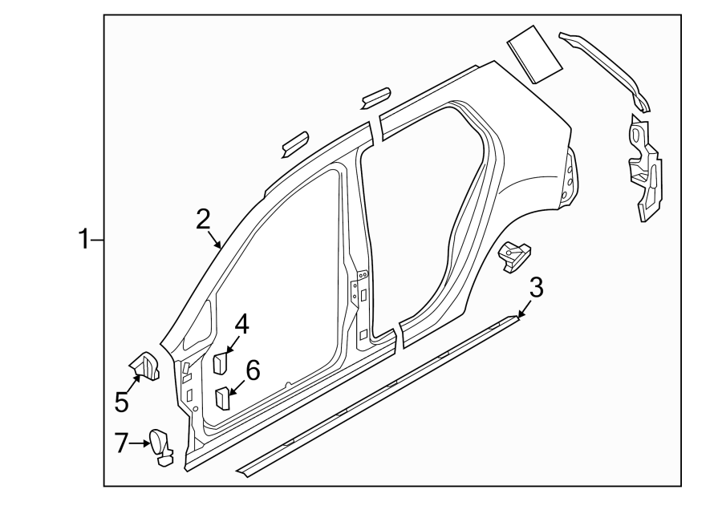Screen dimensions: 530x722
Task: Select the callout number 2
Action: pos(203,218)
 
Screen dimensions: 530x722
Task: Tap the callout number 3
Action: pos(537,286)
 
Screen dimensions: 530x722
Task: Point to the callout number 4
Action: pos(241,325)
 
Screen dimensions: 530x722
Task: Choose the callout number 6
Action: pos(252,370)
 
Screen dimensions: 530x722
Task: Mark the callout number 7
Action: pos(121,442)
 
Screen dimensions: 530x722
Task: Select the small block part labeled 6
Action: pos(222,397)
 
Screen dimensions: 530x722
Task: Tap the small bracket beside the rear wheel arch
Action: pos(513,255)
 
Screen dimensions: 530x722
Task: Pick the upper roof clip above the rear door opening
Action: pos(375,97)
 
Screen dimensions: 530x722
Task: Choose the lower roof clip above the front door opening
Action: pos(294,142)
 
